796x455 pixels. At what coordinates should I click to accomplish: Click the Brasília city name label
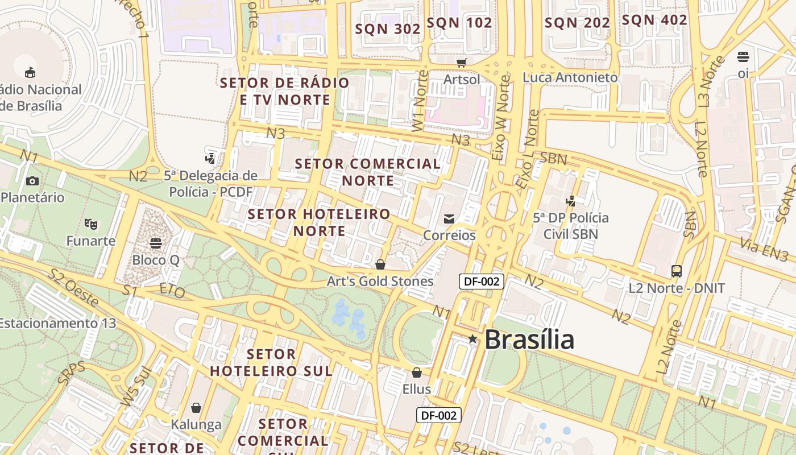tap(529, 340)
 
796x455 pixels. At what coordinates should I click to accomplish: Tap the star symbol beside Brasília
tap(472, 339)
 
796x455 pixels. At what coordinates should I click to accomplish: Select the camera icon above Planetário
tap(32, 181)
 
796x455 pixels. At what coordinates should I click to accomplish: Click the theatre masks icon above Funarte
tap(90, 224)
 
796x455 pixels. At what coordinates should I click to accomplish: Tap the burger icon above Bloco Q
tap(156, 243)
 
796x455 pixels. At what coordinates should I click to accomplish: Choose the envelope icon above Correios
tap(449, 218)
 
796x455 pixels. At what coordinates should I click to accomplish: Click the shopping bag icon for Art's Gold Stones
tap(380, 264)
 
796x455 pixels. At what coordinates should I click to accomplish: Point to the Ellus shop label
tap(416, 390)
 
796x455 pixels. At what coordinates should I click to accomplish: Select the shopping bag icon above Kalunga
tap(196, 408)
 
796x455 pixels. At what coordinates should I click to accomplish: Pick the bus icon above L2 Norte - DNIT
tap(677, 271)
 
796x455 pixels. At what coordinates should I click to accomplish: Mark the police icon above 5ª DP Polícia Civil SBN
tap(570, 201)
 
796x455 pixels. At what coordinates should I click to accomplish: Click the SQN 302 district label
tap(388, 29)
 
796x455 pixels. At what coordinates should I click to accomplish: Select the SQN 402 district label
tap(654, 20)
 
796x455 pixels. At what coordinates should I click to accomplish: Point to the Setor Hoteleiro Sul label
tap(271, 362)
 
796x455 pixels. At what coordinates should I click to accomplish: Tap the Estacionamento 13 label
tap(57, 323)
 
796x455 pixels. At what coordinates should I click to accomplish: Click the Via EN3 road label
tap(764, 250)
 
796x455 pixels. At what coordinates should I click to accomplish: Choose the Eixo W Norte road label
tap(501, 118)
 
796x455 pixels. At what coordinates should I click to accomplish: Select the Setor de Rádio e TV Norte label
tap(285, 91)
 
